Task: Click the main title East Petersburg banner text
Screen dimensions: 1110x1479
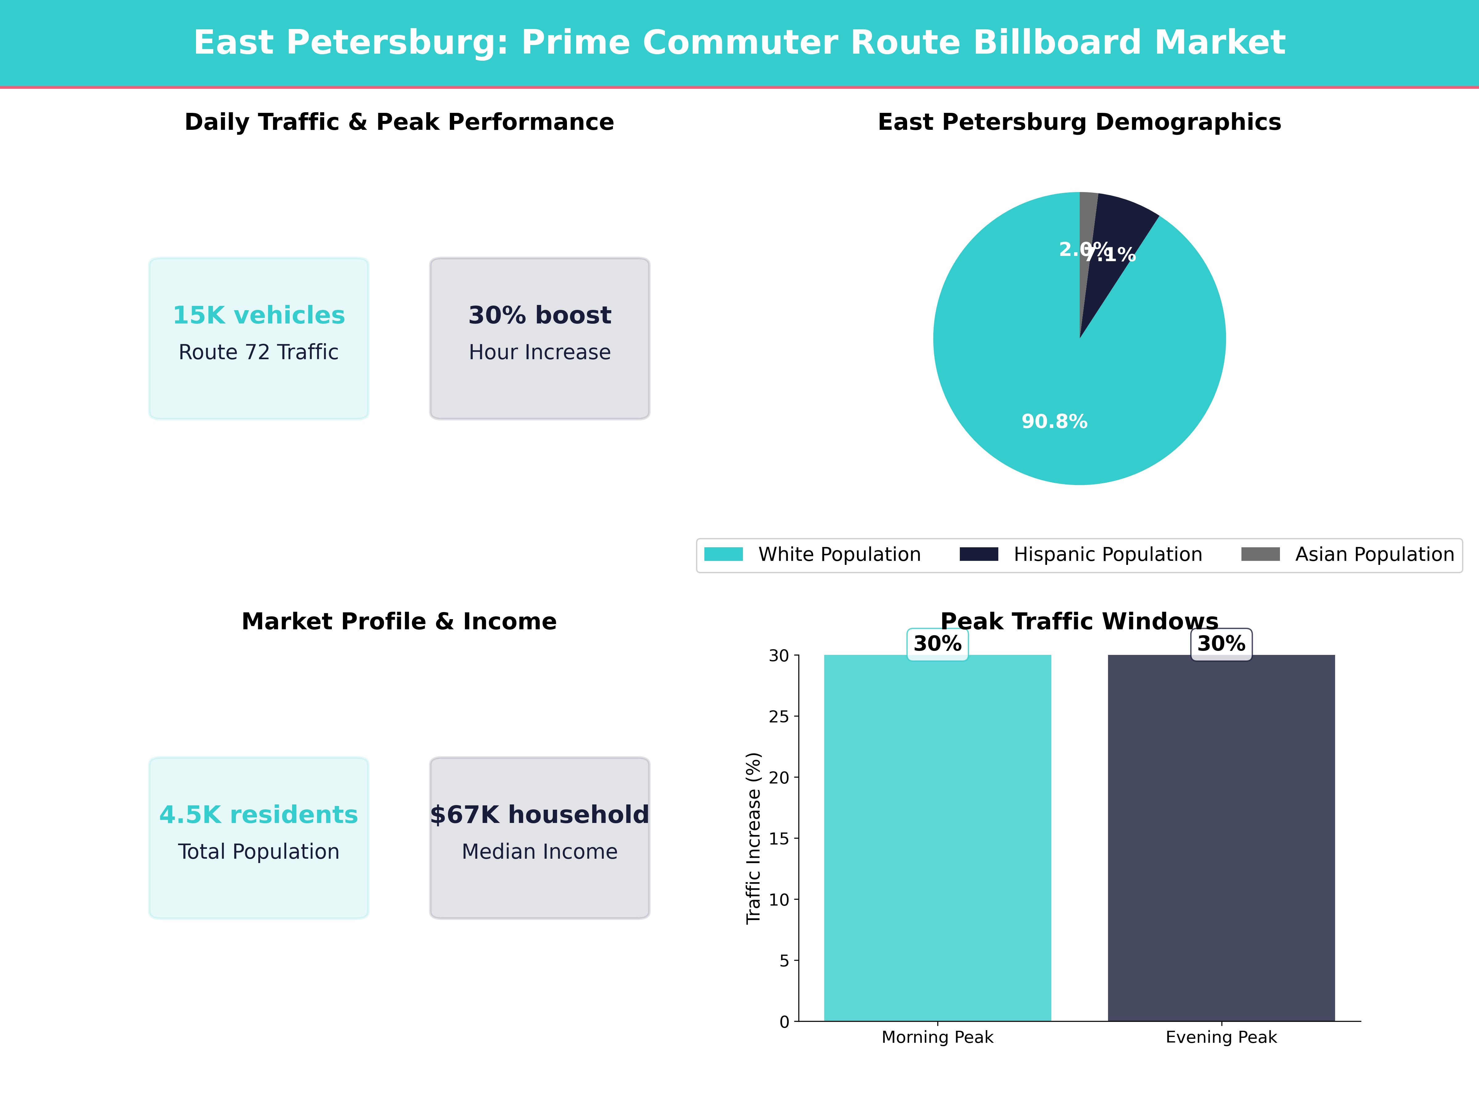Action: (739, 43)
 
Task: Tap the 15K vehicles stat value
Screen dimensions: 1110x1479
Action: (259, 315)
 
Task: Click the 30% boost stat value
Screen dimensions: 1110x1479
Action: (540, 315)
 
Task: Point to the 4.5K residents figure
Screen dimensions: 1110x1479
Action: (259, 815)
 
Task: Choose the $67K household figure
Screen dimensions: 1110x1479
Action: (540, 815)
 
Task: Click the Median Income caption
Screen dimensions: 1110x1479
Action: (540, 852)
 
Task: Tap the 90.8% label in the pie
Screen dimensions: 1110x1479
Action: (1054, 421)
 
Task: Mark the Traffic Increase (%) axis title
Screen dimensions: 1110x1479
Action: (754, 838)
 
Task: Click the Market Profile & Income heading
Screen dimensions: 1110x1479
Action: (399, 622)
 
